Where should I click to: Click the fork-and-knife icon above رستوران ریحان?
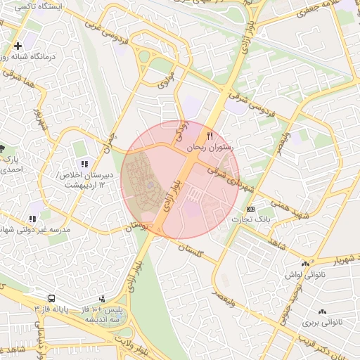209,136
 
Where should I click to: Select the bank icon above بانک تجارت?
251,210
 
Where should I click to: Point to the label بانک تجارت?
257,220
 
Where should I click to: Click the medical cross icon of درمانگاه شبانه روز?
18,46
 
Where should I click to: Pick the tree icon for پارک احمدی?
2,148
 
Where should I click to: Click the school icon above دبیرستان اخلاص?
85,165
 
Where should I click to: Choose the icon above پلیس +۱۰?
103,299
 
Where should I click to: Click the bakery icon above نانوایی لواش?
305,264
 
